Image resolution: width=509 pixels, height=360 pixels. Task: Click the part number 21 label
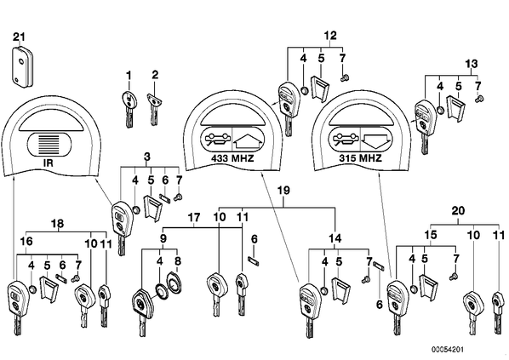[x=19, y=37]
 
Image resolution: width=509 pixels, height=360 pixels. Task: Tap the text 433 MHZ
[x=232, y=158]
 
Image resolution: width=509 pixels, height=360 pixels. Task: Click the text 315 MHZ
[x=361, y=158]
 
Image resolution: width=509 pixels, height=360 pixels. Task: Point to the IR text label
[x=48, y=163]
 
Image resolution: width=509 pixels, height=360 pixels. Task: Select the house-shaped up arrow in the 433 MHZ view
[x=248, y=139]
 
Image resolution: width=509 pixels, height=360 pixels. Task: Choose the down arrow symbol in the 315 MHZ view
[x=375, y=138]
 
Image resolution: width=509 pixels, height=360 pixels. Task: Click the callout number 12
[x=330, y=36]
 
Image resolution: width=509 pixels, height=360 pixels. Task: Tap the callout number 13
[x=472, y=64]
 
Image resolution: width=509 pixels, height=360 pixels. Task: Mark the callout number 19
[x=283, y=191]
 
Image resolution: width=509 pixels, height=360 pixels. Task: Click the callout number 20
[x=458, y=211]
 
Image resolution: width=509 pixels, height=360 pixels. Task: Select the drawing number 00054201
[x=448, y=350]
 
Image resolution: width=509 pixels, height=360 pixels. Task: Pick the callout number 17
[x=194, y=218]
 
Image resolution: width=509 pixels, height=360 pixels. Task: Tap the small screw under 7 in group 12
[x=345, y=77]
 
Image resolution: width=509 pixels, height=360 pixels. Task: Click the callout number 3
[x=146, y=157]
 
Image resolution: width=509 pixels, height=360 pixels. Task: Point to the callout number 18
[x=58, y=223]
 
